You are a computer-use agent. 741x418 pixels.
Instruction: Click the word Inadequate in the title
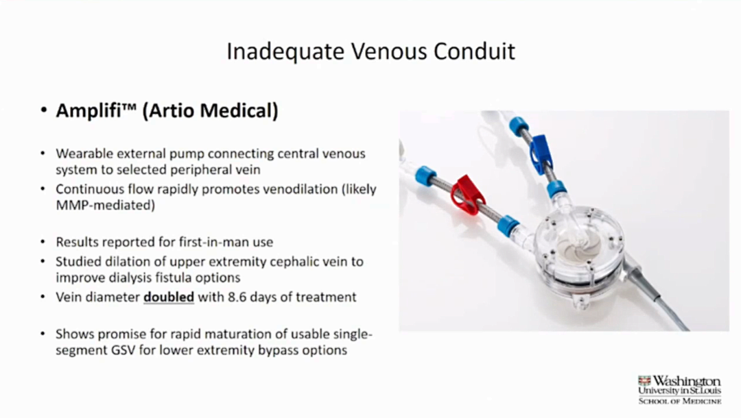[285, 51]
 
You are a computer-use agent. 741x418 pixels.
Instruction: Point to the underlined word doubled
[169, 297]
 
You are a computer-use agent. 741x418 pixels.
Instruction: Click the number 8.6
[237, 297]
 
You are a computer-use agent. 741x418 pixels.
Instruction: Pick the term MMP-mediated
[106, 205]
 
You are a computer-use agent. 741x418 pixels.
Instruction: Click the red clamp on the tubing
[467, 195]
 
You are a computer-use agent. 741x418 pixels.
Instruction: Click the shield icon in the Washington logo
[644, 381]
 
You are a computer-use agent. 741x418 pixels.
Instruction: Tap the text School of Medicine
[679, 402]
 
